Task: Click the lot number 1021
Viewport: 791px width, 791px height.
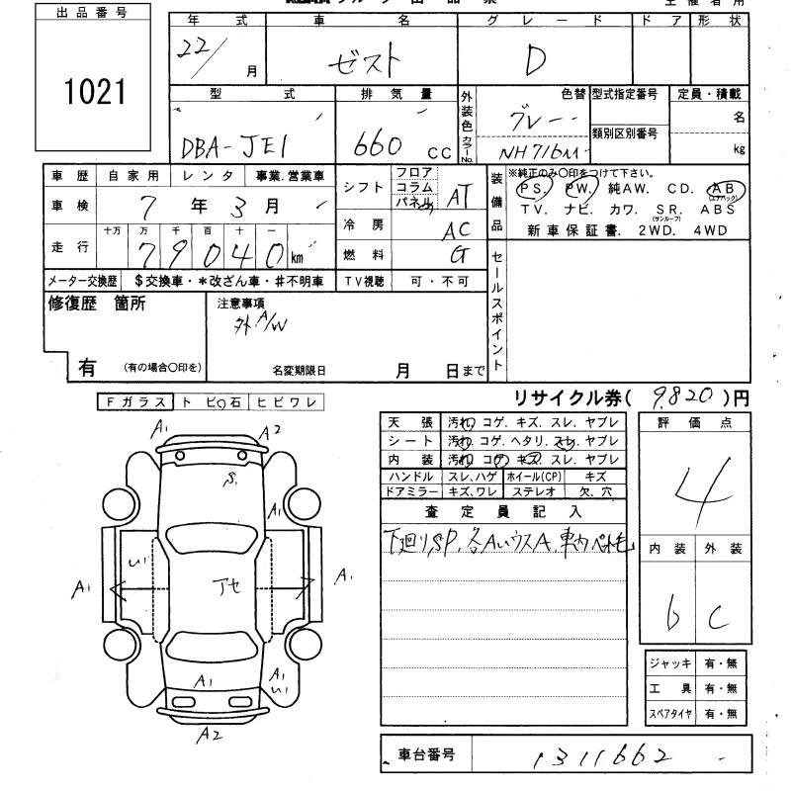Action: pyautogui.click(x=96, y=92)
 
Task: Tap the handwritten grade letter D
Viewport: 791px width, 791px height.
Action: pyautogui.click(x=535, y=62)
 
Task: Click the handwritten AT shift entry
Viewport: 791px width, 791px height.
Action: pyautogui.click(x=457, y=197)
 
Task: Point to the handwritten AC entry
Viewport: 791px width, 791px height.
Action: pyautogui.click(x=458, y=227)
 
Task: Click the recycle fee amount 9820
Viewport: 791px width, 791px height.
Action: pyautogui.click(x=684, y=397)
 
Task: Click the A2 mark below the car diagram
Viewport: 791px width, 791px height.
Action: pyautogui.click(x=210, y=735)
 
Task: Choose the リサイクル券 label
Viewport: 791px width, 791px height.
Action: pyautogui.click(x=571, y=398)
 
